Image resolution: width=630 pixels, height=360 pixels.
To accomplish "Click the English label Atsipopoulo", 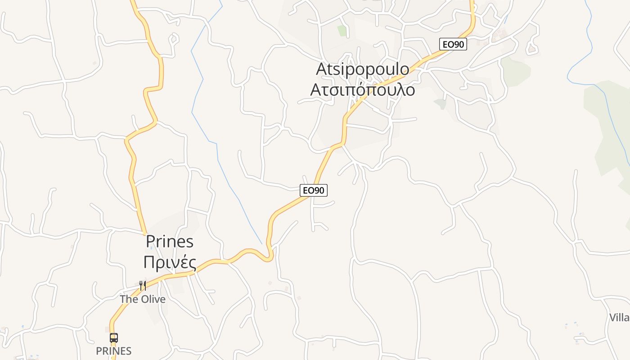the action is point(363,69).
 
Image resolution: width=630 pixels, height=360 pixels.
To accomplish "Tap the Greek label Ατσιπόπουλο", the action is point(363,90).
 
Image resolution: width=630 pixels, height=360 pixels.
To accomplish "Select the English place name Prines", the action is point(170,242).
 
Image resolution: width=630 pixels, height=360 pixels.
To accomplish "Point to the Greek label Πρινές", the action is point(170,261).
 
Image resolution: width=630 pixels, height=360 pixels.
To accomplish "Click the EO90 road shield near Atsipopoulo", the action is point(453,44).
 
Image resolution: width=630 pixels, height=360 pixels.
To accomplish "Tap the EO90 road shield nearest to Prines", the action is point(314,190).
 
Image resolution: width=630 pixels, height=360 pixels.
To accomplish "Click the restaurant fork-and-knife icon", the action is point(143,285).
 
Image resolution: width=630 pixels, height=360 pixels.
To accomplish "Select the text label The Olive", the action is point(143,299).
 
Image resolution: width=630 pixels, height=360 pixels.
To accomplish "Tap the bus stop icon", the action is point(114,337).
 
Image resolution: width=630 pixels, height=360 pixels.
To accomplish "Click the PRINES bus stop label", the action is point(114,351).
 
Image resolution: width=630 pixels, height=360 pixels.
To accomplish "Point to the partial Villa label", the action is point(620,318).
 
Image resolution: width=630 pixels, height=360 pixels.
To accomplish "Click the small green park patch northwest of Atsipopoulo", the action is point(342,31).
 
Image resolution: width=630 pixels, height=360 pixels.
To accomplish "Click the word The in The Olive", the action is point(128,299).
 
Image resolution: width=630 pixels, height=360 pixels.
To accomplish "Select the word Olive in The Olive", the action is point(152,299).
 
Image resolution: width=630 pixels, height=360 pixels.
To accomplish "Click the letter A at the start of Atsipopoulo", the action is point(321,69).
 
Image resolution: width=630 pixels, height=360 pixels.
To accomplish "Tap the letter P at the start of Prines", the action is point(150,242).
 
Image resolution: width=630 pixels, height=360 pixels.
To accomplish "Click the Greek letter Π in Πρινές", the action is point(149,261).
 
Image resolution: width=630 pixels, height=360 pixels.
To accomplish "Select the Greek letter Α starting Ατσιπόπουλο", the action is point(316,90).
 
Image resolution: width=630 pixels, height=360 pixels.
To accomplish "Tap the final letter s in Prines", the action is point(190,242).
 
